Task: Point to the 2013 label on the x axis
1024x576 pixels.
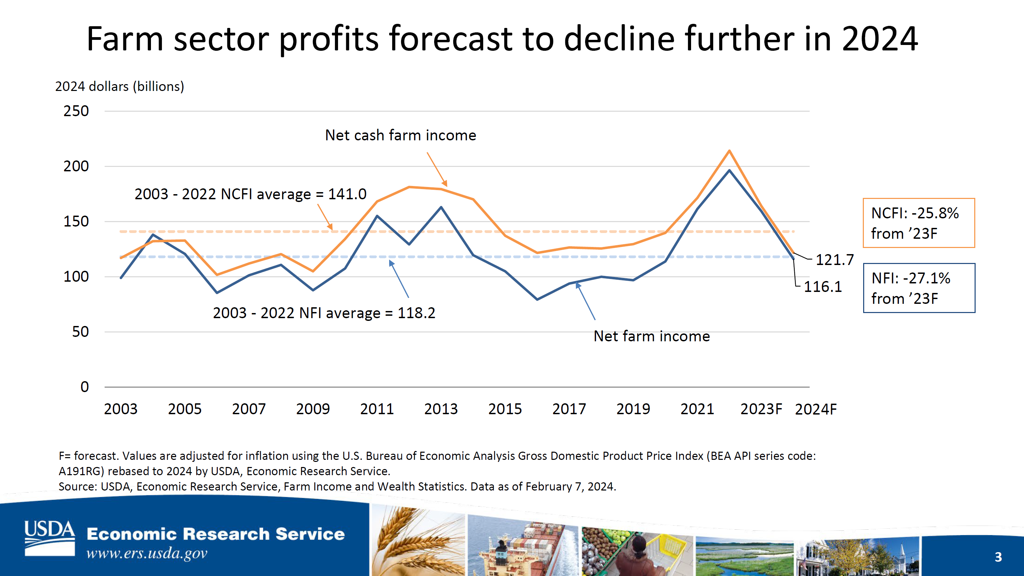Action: [441, 409]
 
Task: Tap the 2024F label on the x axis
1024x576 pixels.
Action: [816, 409]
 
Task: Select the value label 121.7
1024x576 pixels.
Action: [835, 260]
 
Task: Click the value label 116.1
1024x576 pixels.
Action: [823, 287]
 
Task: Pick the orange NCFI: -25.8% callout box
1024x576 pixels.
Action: [919, 223]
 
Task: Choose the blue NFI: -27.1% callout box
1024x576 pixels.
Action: [919, 288]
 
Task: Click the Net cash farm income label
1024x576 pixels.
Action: [400, 136]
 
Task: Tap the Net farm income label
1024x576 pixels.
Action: [652, 337]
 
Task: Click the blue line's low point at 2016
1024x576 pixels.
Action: [537, 299]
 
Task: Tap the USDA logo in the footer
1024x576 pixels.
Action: [49, 538]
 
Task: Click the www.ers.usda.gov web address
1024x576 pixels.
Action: [147, 554]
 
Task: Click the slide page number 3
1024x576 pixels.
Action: [998, 557]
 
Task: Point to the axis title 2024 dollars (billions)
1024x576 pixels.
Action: [120, 87]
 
